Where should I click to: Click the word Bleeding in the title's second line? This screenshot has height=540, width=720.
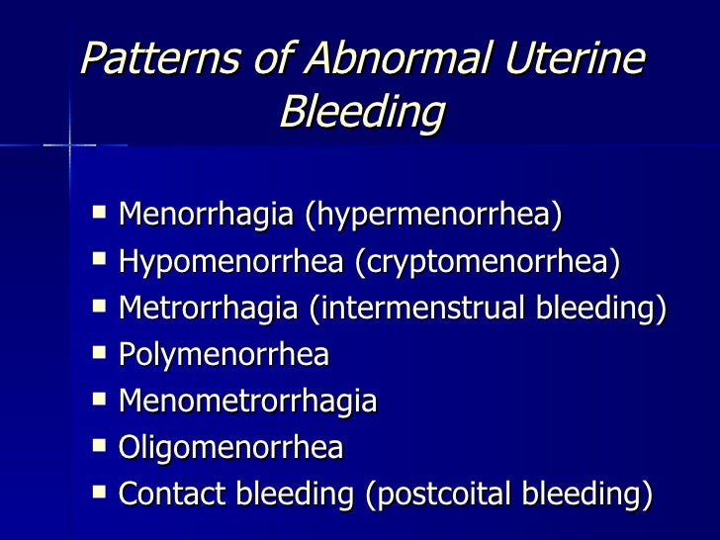361,114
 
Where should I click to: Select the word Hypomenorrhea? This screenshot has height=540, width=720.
228,261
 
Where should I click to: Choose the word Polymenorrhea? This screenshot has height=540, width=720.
224,354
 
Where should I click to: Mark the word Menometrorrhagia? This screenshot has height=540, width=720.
247,401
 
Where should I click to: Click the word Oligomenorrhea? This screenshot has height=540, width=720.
230,447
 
